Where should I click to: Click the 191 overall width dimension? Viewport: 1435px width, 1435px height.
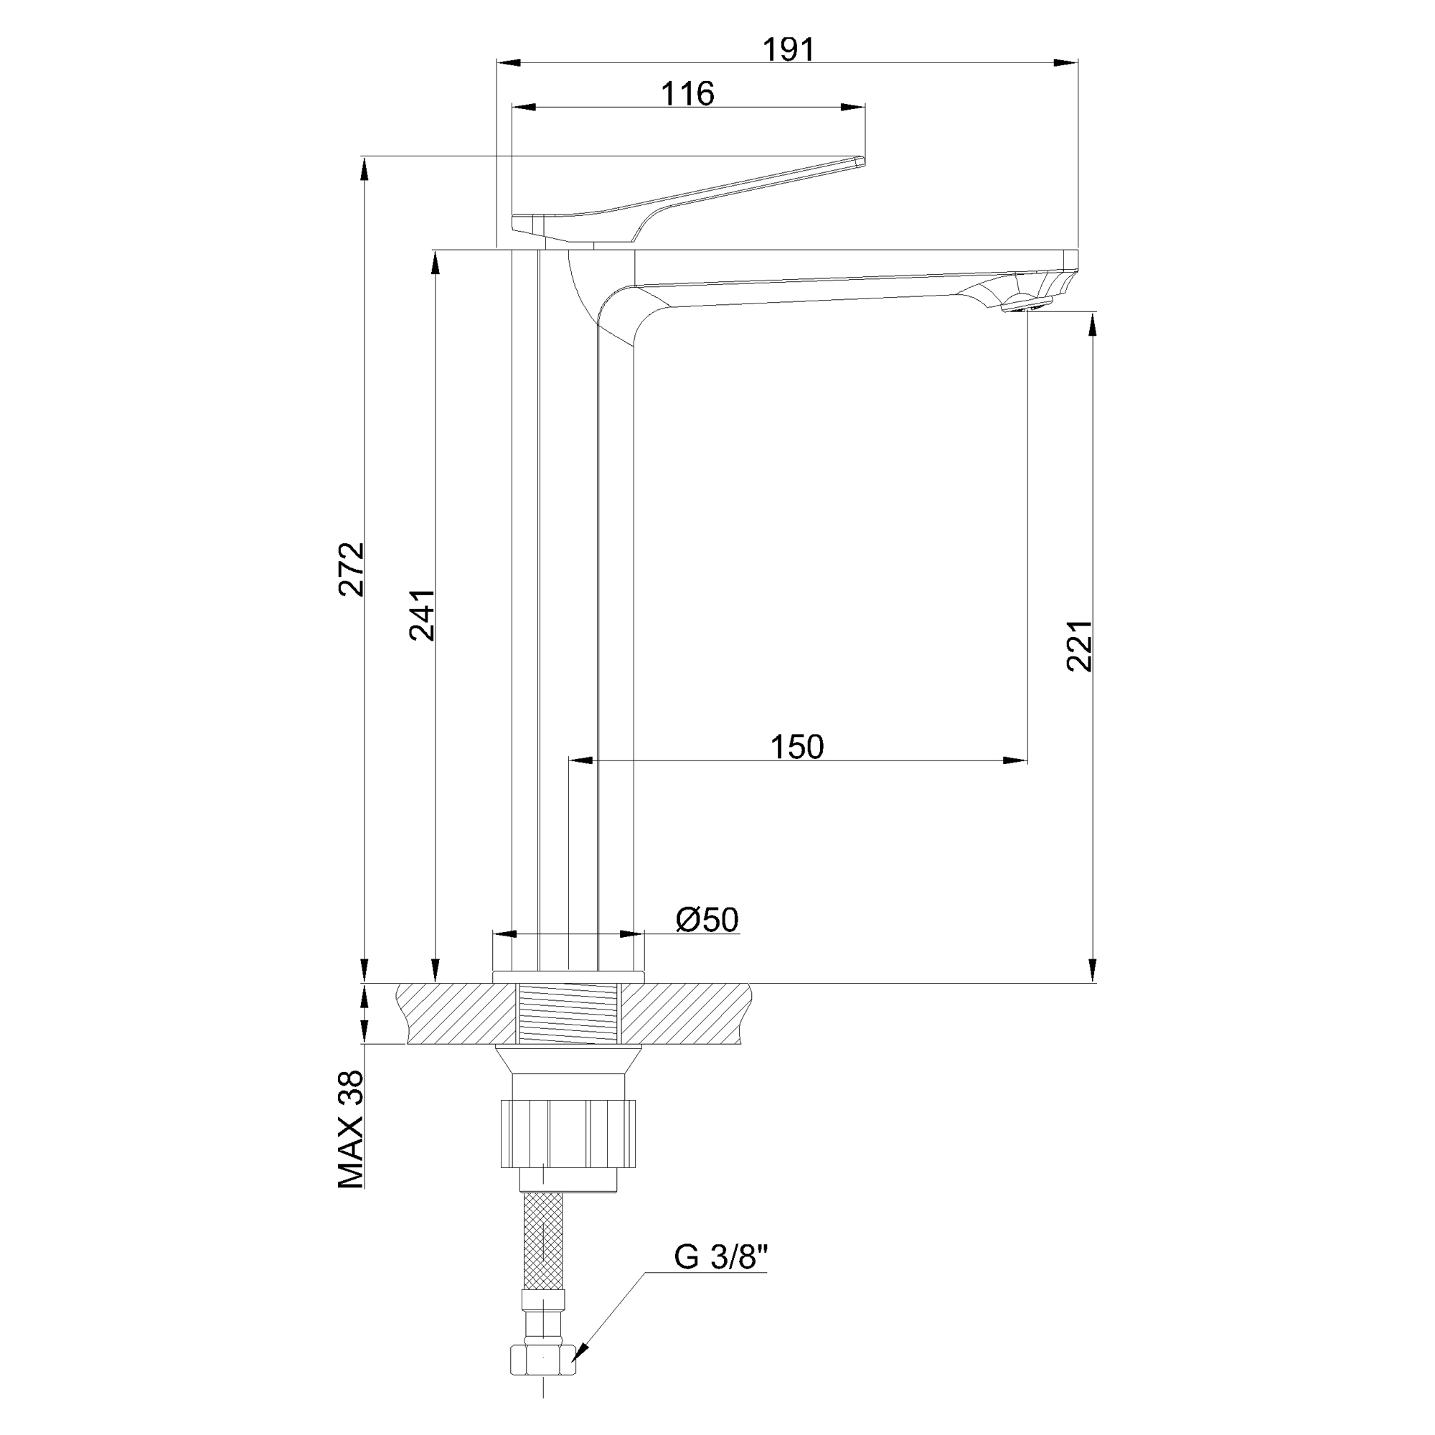[x=789, y=50]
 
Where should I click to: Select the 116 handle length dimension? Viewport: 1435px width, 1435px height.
[x=688, y=93]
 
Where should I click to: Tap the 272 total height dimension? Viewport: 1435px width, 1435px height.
[x=352, y=569]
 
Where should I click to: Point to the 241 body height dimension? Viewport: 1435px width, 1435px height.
[x=422, y=616]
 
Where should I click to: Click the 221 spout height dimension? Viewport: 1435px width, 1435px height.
[x=1079, y=646]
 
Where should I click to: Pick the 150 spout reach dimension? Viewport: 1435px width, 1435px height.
[x=797, y=747]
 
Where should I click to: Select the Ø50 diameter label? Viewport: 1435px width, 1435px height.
[x=707, y=920]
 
